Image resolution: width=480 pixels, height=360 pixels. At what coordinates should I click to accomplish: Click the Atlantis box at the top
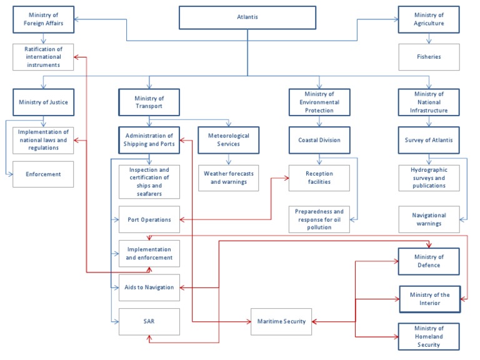247,17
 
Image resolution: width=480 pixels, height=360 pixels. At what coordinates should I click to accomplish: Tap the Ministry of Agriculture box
429,19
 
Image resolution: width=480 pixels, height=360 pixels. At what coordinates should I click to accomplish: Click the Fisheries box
429,57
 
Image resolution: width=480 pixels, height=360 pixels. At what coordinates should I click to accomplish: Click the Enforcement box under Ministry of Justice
43,174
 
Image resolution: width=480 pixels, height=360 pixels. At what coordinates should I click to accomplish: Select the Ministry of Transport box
149,102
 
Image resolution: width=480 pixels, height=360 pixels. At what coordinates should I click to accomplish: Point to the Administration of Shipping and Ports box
149,140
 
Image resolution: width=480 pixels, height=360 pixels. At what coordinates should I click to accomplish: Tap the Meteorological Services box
228,140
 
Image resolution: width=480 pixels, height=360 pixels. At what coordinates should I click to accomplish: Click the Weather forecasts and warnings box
228,177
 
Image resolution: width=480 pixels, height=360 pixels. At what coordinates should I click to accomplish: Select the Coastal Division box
319,140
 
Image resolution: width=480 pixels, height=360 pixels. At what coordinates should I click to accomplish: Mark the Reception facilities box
319,177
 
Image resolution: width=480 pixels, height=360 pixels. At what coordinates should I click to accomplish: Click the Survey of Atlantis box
429,140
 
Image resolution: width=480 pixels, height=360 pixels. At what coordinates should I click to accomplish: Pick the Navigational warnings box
429,219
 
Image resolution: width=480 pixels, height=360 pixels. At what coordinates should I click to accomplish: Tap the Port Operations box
149,219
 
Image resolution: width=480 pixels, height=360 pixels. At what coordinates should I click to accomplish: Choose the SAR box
149,321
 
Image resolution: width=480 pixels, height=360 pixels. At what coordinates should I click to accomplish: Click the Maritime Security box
281,321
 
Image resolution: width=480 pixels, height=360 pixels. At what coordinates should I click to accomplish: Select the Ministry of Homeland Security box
429,336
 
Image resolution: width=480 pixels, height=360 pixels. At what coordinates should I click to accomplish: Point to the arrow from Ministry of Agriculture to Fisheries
429,39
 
